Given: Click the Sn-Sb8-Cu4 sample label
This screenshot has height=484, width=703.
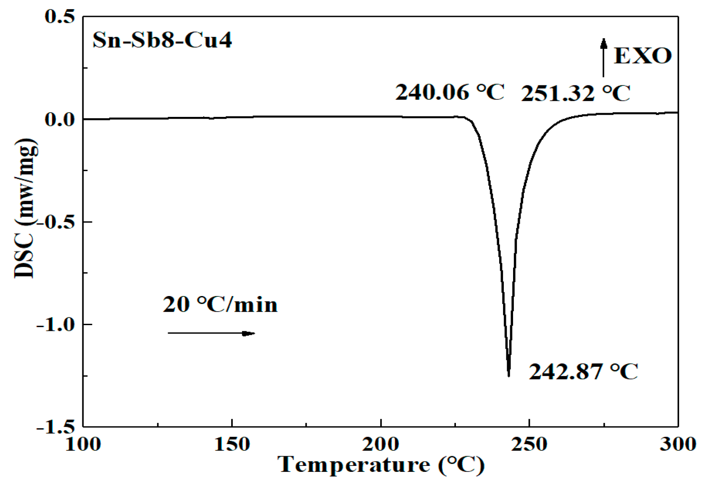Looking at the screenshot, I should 162,41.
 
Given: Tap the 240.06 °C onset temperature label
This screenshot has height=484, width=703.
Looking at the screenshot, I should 450,92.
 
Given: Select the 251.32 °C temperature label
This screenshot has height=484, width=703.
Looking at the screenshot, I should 576,93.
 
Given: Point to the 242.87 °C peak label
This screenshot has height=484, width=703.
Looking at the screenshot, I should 583,371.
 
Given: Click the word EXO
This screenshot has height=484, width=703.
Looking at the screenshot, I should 642,56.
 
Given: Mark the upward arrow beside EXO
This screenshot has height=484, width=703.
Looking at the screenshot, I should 603,57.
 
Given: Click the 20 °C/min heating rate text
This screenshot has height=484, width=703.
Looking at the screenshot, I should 220,304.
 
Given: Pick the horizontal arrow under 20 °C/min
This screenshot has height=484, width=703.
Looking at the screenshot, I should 211,333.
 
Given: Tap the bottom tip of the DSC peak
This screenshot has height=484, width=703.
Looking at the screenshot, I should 509,375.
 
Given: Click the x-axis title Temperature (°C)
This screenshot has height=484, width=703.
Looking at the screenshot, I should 381,465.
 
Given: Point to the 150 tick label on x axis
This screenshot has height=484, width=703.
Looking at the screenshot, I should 232,444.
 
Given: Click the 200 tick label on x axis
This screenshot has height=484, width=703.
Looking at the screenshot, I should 381,444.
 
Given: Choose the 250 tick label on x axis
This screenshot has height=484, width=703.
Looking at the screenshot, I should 529,444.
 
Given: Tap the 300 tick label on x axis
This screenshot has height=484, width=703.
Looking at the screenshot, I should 678,444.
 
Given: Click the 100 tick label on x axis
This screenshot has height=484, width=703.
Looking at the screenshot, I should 83,444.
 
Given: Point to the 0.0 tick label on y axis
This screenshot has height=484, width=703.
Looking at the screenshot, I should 60,119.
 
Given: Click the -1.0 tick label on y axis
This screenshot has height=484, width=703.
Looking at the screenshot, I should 56,325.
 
